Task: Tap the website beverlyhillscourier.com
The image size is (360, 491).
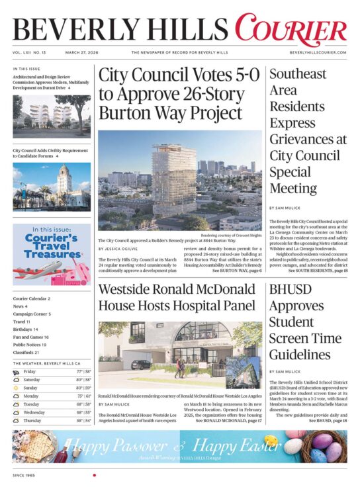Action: [318, 52]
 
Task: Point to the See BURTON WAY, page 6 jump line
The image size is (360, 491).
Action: [236, 271]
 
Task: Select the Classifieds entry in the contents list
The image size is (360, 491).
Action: [26, 353]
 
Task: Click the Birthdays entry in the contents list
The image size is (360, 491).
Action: [24, 329]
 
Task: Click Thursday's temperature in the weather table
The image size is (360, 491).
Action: [83, 420]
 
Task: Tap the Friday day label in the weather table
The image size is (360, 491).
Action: [30, 372]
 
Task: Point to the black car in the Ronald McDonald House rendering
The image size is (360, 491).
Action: [140, 364]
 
